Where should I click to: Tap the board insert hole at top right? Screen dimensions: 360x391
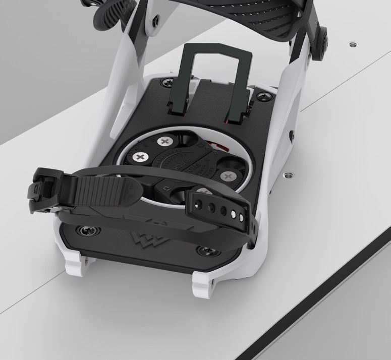pos(351,44)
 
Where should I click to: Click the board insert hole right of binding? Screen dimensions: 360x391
pos(289,175)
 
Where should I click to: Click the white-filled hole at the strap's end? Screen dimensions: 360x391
pos(241,217)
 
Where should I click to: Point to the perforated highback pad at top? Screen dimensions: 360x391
pos(272,15)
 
